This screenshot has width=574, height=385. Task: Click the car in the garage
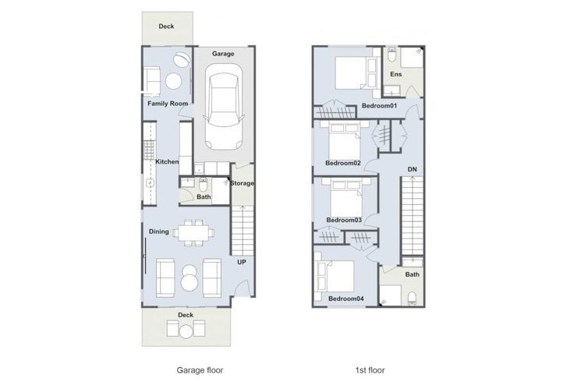click(x=223, y=108)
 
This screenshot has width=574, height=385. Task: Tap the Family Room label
click(x=168, y=104)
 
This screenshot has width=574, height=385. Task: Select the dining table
click(x=193, y=232)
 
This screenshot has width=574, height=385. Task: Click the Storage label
click(x=242, y=183)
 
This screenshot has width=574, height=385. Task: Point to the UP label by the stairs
click(x=242, y=262)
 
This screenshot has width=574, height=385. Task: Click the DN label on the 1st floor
click(x=413, y=169)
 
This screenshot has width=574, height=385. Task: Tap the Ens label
click(x=395, y=74)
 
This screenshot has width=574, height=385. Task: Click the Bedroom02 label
click(x=343, y=163)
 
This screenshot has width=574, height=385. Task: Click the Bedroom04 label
click(x=346, y=298)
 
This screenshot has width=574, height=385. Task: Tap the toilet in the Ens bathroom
click(x=392, y=54)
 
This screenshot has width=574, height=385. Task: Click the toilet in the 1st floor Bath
click(x=413, y=298)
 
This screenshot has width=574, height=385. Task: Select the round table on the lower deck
click(x=186, y=332)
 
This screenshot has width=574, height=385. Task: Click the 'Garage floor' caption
click(x=200, y=370)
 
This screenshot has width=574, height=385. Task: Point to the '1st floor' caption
click(x=370, y=370)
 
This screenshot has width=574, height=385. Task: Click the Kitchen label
click(x=168, y=161)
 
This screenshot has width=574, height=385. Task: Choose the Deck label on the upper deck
click(x=166, y=26)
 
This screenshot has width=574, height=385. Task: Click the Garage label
click(x=223, y=54)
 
